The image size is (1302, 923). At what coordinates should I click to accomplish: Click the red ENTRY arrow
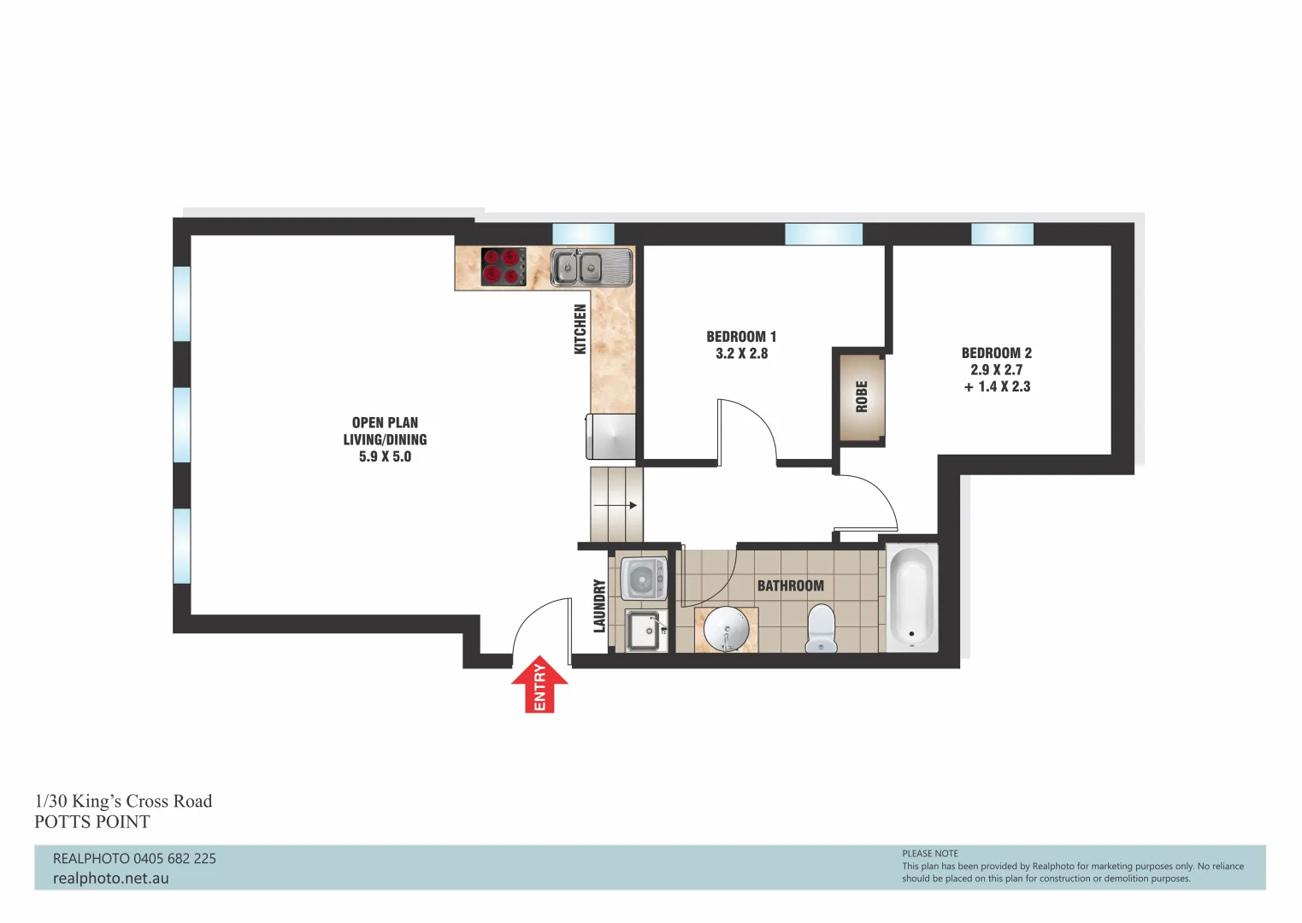[539, 685]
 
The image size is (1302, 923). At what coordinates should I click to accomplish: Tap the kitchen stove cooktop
[504, 266]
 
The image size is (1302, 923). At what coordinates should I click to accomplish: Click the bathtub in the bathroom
[911, 598]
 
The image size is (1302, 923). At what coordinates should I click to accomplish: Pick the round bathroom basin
[726, 631]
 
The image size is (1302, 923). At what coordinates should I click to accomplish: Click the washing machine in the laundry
[642, 579]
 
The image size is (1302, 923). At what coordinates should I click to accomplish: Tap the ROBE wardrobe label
[862, 397]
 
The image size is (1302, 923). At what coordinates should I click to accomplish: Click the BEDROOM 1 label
[741, 337]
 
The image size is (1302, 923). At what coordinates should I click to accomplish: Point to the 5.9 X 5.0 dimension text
[385, 456]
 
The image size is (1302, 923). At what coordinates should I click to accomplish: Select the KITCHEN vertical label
[580, 329]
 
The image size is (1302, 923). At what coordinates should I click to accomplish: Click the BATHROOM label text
[790, 585]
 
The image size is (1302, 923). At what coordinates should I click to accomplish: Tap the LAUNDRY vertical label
[599, 606]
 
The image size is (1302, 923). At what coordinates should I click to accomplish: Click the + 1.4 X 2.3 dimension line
[997, 386]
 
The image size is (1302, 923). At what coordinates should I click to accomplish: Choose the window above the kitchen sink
[583, 233]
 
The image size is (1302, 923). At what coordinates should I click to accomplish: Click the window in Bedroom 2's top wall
[1002, 233]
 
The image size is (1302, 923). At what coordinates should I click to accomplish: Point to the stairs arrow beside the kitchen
[616, 505]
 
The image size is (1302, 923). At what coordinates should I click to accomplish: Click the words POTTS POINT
[92, 822]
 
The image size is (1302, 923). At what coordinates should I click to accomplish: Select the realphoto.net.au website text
[111, 879]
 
